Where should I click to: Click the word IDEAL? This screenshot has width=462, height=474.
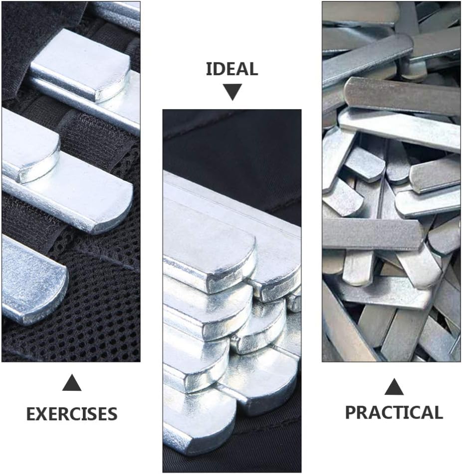232,69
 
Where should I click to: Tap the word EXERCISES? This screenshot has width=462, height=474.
72,414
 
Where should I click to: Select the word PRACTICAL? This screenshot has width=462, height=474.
394,412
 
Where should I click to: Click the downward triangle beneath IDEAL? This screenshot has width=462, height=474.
232,92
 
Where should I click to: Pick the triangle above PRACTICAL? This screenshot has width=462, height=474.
394,386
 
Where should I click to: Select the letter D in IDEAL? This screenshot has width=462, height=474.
218,69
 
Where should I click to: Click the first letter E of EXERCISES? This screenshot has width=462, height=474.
31,414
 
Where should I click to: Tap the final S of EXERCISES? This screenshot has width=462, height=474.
112,414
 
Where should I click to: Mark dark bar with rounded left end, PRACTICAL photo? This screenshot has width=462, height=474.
399,95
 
